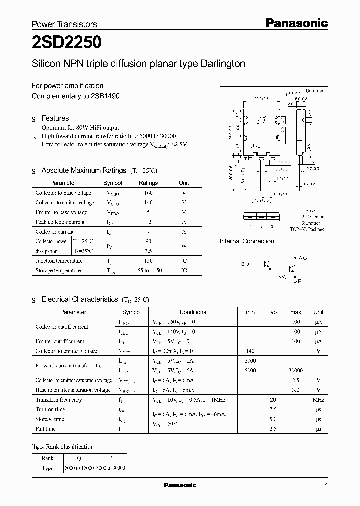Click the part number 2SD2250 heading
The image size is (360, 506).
[x=67, y=43]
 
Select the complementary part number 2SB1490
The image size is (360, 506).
[x=106, y=96]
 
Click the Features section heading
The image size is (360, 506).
[x=55, y=118]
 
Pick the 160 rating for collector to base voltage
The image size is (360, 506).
[x=148, y=193]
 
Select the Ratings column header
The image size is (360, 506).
[x=148, y=183]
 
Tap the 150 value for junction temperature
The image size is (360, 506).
[x=148, y=261]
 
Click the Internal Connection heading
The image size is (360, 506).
[x=247, y=241]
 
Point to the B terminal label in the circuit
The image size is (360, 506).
[x=243, y=264]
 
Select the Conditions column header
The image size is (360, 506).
[x=193, y=312]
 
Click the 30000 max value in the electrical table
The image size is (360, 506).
[x=295, y=371]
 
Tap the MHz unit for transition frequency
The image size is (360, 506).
[x=318, y=400]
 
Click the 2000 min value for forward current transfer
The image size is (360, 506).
[x=250, y=361]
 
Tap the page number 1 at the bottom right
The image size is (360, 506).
[x=327, y=486]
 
